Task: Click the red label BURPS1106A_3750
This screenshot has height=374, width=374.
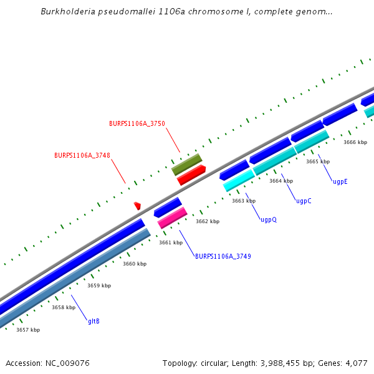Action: coord(137,123)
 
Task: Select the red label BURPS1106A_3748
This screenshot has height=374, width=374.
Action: coord(82,155)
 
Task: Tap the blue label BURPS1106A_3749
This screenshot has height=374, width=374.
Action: coord(223,256)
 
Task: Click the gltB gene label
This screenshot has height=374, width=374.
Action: coord(93,321)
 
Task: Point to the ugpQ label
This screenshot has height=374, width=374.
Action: coord(269,219)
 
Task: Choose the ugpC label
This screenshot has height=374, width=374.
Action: coord(304,201)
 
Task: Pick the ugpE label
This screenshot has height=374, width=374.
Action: coord(340,181)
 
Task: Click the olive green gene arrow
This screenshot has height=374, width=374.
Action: coord(186,163)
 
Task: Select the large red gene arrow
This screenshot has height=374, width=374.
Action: coord(191,175)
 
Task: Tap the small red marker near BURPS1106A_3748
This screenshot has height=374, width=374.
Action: coord(137,206)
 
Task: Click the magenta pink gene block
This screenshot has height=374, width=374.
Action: coord(172,218)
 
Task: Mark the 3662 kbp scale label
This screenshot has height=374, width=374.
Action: coord(208,221)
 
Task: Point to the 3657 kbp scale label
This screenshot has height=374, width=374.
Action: coord(28,330)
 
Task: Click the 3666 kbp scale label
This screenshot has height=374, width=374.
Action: coord(355,142)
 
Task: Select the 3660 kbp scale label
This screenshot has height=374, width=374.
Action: coord(135,264)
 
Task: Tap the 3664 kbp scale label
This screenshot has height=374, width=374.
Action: coord(281,181)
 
